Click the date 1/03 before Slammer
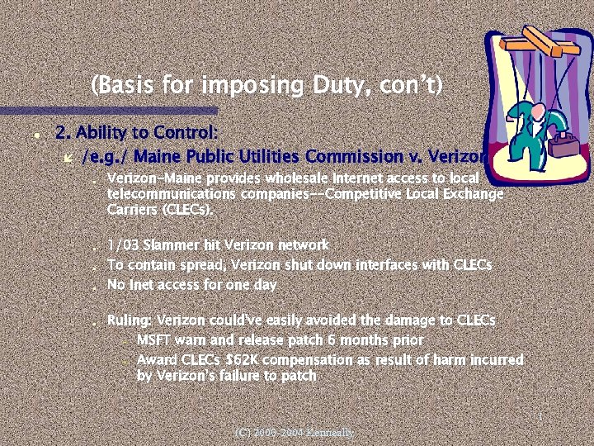[123, 245]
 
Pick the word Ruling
[129, 320]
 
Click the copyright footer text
[294, 432]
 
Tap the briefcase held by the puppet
[568, 146]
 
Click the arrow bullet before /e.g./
[69, 156]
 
